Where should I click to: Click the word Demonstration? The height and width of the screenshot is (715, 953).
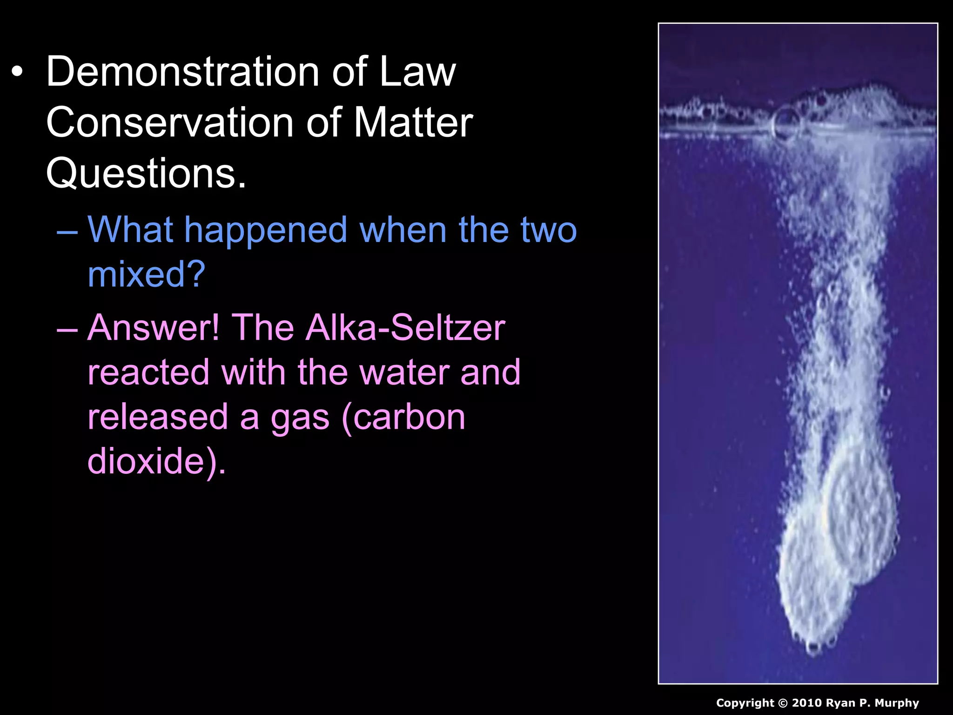tap(181, 72)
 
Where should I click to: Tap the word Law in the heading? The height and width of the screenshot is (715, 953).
tap(417, 72)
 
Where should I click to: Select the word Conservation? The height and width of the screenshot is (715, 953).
tap(170, 122)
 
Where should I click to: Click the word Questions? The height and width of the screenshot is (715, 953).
tap(146, 173)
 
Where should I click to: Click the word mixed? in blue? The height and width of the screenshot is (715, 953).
tap(146, 275)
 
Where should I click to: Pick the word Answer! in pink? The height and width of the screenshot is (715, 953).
tap(154, 328)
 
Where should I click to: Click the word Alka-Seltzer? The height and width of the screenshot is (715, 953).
tap(405, 328)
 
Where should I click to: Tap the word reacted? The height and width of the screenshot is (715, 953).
tap(148, 372)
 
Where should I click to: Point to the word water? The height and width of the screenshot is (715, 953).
tap(404, 372)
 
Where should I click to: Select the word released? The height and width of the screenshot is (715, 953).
tap(158, 417)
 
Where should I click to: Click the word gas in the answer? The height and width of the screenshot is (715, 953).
tap(300, 418)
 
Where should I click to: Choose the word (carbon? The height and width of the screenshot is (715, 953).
tap(403, 417)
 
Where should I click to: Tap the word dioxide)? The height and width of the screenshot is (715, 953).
tap(156, 461)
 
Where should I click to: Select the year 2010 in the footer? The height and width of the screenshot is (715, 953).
tap(807, 703)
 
